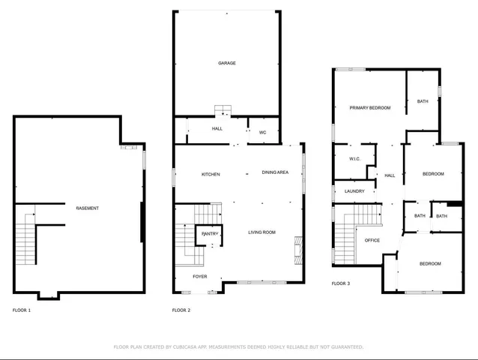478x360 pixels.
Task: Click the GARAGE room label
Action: coord(227,63)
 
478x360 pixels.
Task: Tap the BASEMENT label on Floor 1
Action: coord(87,208)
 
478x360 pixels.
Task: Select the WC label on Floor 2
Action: coord(263,133)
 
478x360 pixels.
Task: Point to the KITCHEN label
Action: coord(211,175)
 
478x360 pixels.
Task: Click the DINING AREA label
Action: coord(275,172)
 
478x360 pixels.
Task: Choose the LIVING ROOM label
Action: coord(262,232)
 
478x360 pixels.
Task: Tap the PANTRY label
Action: coord(210,234)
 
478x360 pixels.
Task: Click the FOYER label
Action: coord(200,277)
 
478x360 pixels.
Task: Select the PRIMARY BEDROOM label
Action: coord(370,108)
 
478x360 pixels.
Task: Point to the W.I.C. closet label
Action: coord(355,159)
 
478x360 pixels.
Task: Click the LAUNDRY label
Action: coord(354,191)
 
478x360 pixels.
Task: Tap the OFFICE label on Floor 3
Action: coord(372,241)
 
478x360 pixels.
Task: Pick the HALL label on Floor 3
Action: coord(390,175)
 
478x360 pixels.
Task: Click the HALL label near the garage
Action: coord(217,128)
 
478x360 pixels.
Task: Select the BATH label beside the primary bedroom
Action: coord(423,101)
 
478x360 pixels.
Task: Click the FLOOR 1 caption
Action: coord(22,310)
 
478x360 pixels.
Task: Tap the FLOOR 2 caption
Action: coord(181,310)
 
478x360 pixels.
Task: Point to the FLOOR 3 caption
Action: coord(341,283)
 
